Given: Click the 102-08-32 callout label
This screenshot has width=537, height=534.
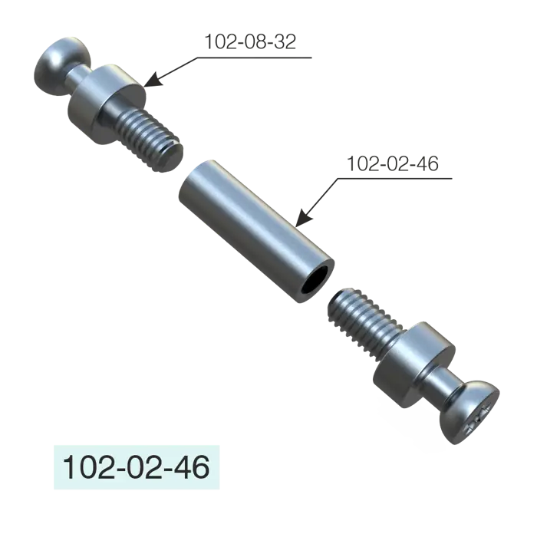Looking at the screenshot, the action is (x=250, y=41).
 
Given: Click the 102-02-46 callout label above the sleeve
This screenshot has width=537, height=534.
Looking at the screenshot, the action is (x=393, y=163).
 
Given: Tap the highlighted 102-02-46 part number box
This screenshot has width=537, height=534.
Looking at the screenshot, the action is (x=137, y=467).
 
